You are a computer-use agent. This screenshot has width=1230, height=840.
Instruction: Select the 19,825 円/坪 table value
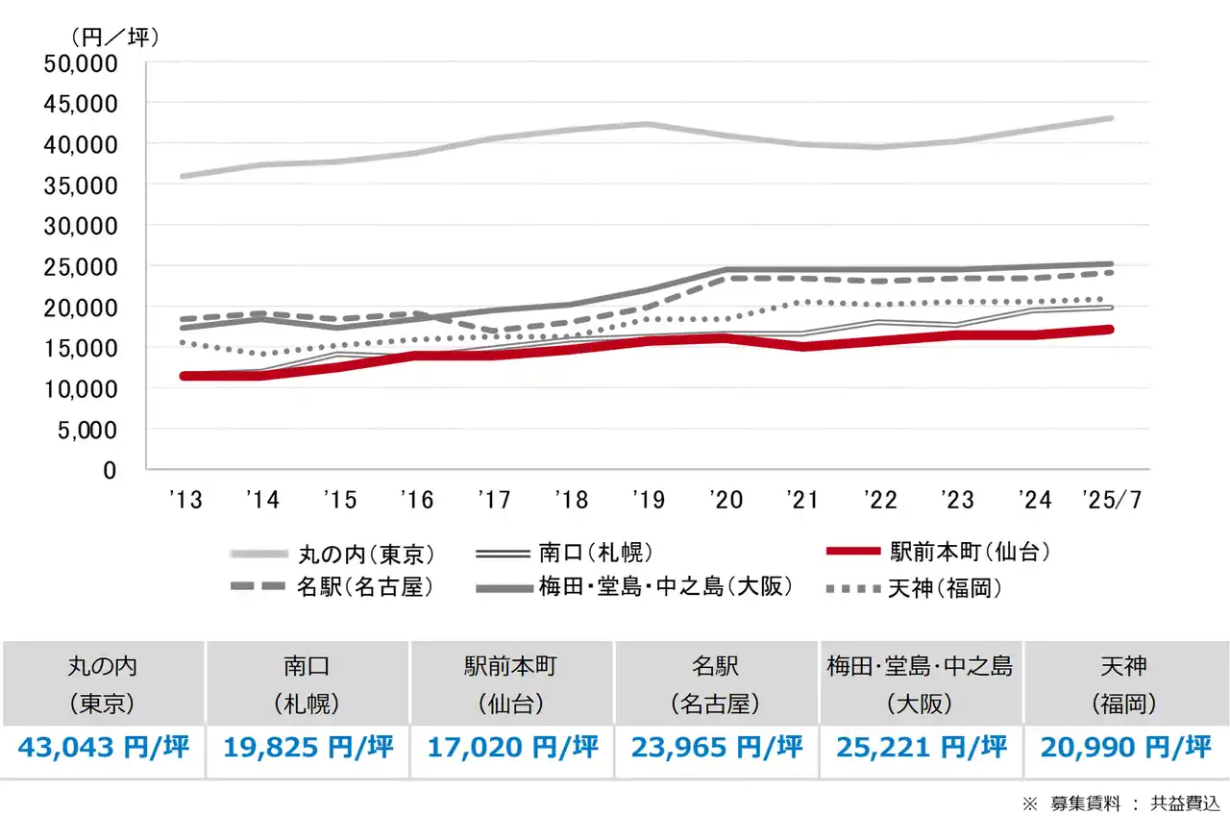point(308,748)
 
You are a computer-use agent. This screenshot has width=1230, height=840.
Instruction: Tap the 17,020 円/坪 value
point(512,748)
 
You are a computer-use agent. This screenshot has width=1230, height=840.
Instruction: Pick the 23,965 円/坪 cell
point(716,748)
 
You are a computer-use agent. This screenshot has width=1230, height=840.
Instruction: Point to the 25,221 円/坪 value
point(921,748)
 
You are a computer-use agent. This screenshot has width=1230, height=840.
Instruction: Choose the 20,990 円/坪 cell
point(1123,748)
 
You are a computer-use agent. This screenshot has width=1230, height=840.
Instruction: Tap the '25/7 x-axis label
point(1112,500)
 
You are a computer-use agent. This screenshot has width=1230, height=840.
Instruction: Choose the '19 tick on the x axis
point(649,500)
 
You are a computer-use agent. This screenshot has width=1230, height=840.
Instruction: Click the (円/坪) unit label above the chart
point(114,37)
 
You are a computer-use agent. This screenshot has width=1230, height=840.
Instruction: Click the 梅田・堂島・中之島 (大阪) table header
point(921,683)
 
